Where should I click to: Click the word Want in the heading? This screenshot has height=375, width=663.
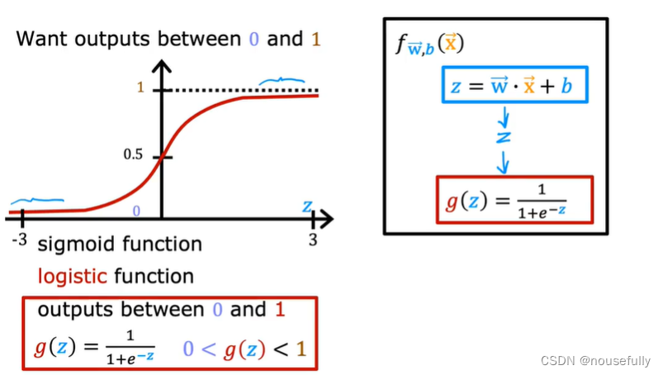pyautogui.click(x=42, y=39)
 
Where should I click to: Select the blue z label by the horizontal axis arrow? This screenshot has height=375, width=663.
pyautogui.click(x=307, y=205)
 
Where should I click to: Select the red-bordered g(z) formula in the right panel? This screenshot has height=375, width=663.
pyautogui.click(x=513, y=200)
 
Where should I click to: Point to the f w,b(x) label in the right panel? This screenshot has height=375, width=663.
pyautogui.click(x=430, y=44)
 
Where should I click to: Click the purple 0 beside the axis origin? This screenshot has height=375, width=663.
pyautogui.click(x=136, y=211)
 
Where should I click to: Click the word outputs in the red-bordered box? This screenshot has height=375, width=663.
pyautogui.click(x=76, y=311)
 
